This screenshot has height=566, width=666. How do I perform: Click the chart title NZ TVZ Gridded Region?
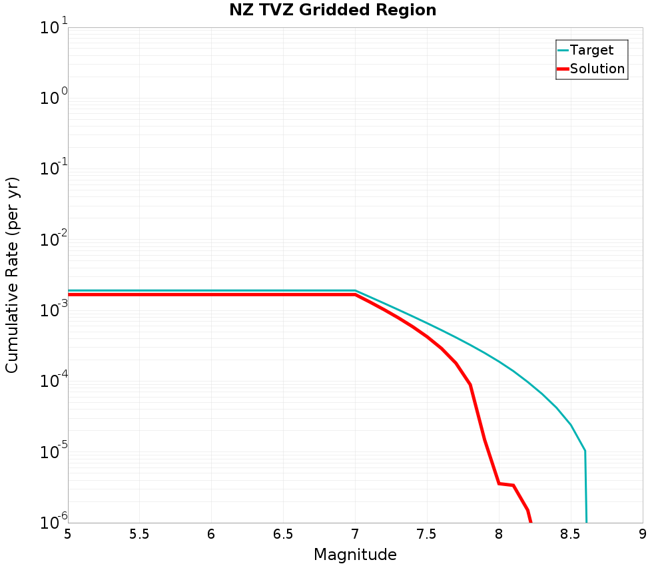[333, 11]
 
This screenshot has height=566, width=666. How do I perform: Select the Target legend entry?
[591, 50]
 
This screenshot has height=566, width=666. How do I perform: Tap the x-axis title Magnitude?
[355, 555]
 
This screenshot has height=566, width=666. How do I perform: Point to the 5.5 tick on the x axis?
[139, 534]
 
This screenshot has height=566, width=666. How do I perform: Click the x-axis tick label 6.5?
[283, 534]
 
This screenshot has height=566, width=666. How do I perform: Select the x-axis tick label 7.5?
[427, 534]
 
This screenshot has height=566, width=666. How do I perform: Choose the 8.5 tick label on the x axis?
[571, 534]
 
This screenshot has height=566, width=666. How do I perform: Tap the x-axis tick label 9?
[643, 534]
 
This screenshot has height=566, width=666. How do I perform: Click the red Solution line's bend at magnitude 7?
[355, 294]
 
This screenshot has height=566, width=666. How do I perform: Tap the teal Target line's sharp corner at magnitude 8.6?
[585, 451]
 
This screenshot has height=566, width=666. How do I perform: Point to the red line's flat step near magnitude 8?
[506, 485]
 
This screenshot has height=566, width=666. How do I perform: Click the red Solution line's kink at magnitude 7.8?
[470, 384]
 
